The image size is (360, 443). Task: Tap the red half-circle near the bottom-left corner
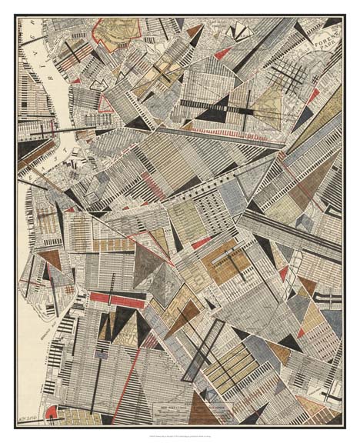[x=50, y=413]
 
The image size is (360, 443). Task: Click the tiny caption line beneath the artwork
[x=179, y=435]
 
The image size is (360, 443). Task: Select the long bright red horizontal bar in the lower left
[x=115, y=301]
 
